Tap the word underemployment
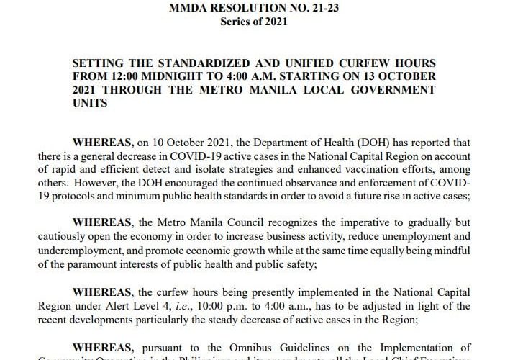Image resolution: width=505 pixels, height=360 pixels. pyautogui.click(x=109, y=248)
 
